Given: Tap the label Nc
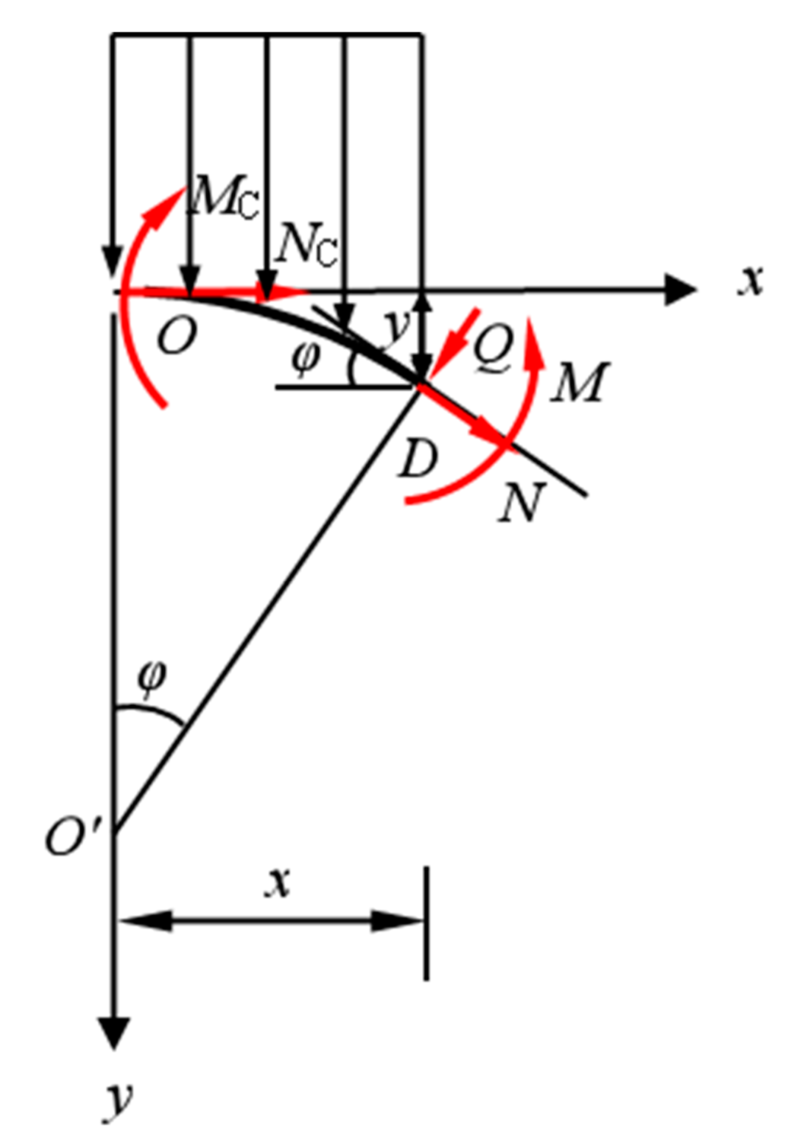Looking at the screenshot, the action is [x=305, y=245].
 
